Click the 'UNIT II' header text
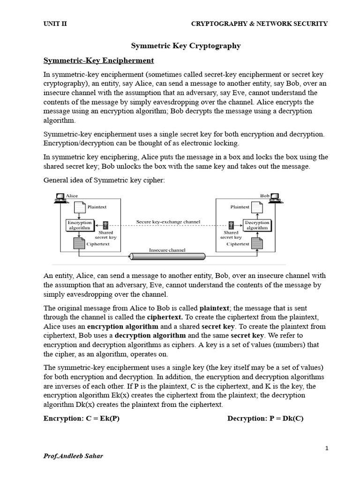[x=55, y=24]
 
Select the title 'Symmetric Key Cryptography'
[x=185, y=45]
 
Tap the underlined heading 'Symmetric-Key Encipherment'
[x=98, y=60]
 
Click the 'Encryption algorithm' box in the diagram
[x=79, y=225]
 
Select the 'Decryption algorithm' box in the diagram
[x=257, y=225]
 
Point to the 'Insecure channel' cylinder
[x=167, y=256]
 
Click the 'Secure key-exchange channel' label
[x=168, y=222]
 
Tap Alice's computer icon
[x=60, y=198]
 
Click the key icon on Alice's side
[x=106, y=225]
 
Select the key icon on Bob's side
[x=231, y=225]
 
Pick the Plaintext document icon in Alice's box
[x=80, y=207]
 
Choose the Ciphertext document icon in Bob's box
[x=256, y=243]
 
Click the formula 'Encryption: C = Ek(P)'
[x=82, y=419]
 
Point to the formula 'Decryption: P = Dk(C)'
[x=265, y=419]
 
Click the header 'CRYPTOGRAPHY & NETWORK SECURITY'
[x=260, y=24]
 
